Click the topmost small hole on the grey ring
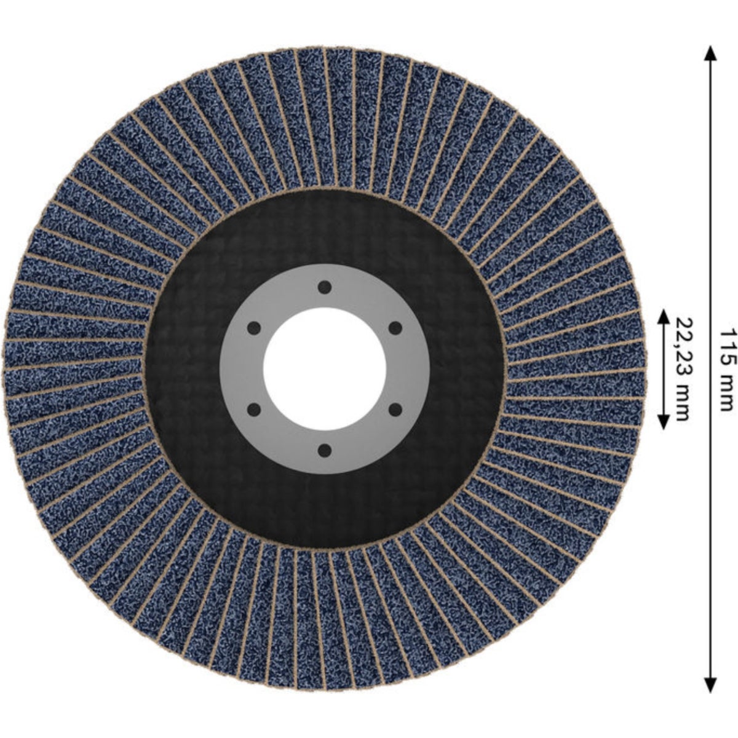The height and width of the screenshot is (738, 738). [324, 287]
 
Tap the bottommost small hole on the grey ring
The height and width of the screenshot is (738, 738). [324, 450]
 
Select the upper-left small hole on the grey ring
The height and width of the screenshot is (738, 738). [254, 328]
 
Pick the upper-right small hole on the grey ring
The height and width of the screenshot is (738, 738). [395, 328]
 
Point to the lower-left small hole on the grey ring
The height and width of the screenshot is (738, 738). [254, 410]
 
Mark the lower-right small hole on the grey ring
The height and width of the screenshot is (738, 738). [395, 410]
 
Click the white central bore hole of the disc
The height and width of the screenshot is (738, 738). [324, 369]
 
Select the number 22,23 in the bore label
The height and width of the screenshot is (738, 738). [682, 349]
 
